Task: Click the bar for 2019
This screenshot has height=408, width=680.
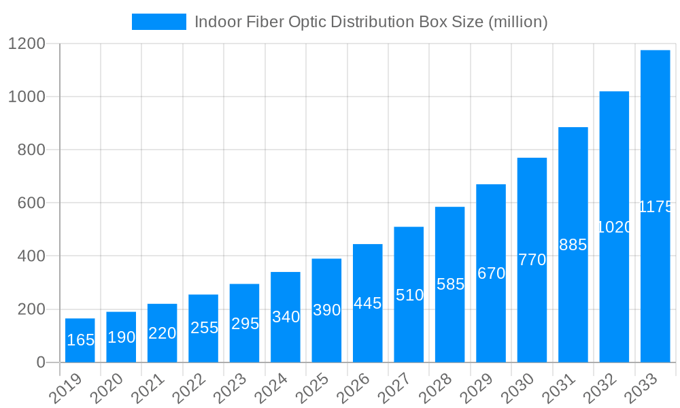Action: [80, 340]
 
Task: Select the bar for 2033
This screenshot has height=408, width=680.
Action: [655, 206]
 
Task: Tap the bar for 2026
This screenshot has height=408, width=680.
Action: [368, 303]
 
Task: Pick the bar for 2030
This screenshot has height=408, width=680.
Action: [532, 260]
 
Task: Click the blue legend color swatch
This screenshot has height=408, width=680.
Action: [158, 22]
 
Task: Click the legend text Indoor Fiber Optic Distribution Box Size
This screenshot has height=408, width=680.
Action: [371, 22]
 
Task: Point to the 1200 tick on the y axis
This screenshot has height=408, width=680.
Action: [27, 44]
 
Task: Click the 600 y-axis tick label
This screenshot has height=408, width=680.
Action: [31, 203]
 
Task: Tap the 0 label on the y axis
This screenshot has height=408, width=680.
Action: [41, 362]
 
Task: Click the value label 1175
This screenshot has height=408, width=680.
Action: [656, 207]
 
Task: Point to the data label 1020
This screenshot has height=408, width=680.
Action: [614, 227]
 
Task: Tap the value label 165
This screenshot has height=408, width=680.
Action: [80, 340]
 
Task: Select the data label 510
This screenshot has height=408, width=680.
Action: [409, 295]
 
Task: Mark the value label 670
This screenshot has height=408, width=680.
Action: [491, 273]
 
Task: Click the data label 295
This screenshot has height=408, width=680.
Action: [245, 324]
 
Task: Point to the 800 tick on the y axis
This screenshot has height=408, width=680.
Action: [31, 150]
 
